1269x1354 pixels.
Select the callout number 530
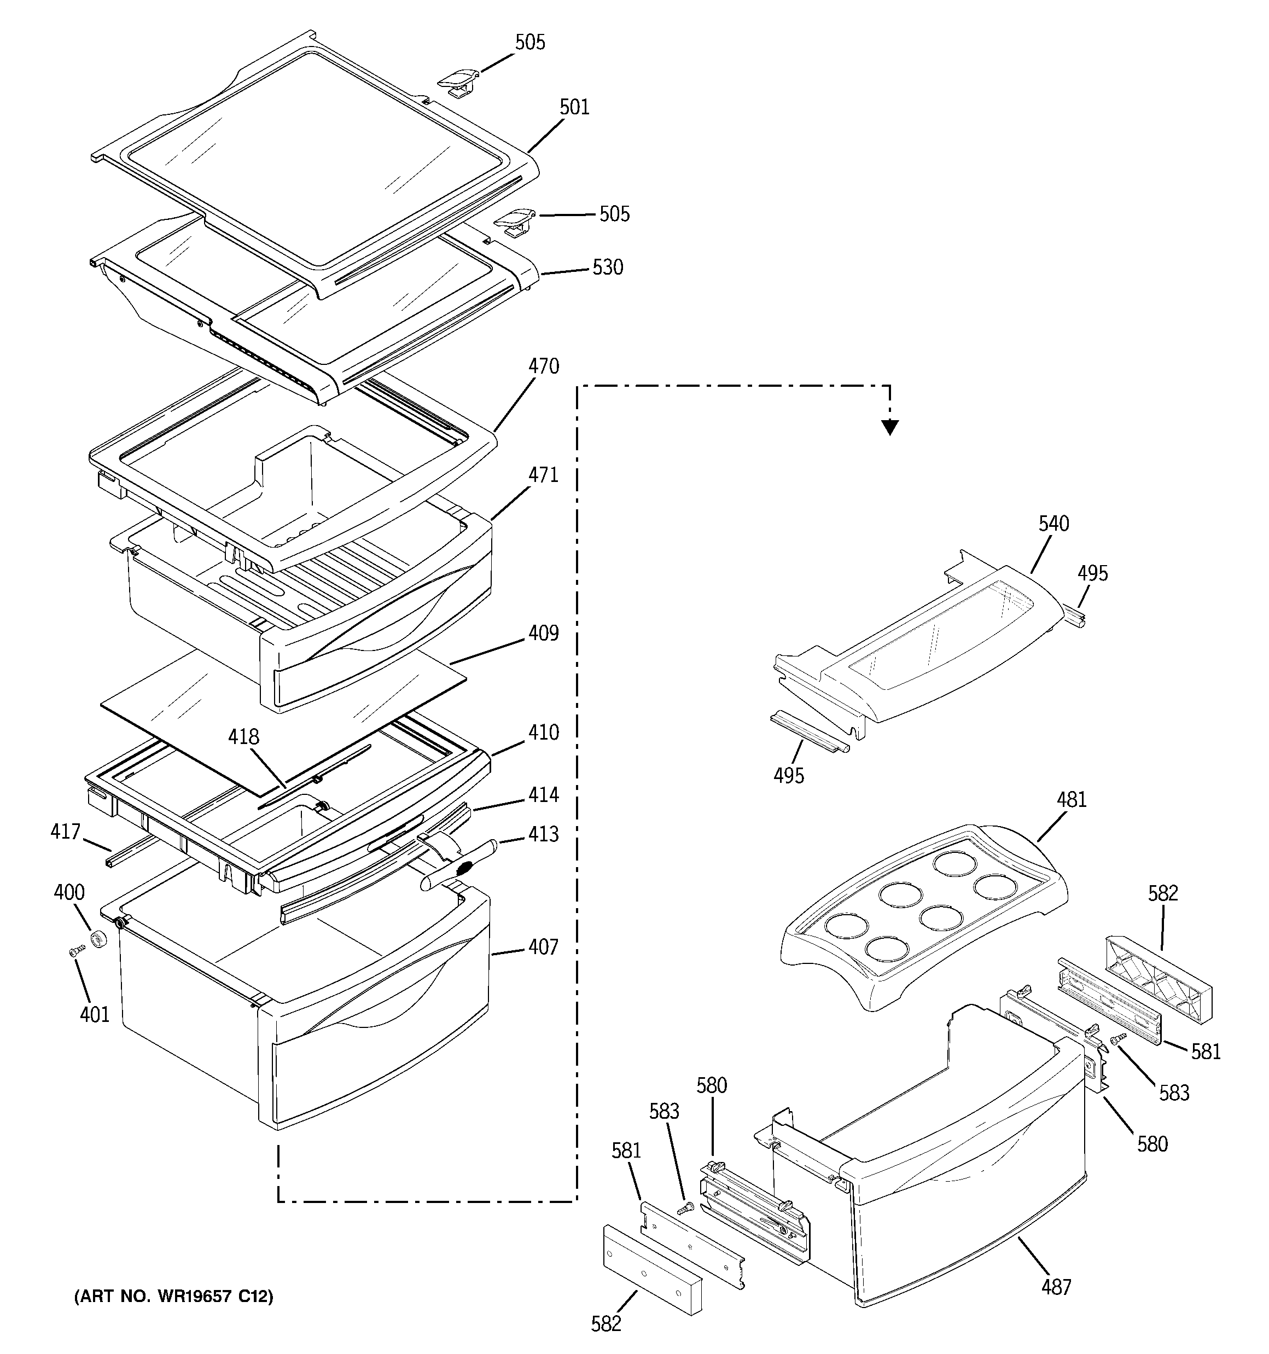click(607, 268)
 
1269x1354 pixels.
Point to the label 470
click(543, 367)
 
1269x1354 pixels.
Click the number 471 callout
click(543, 475)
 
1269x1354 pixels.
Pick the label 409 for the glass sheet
click(543, 634)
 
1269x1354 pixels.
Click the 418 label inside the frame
click(243, 737)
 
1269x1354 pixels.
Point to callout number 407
click(543, 948)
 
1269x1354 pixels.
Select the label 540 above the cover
click(1053, 524)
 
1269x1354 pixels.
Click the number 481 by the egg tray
click(1071, 800)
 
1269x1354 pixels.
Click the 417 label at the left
click(66, 832)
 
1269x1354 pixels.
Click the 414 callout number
click(543, 795)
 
